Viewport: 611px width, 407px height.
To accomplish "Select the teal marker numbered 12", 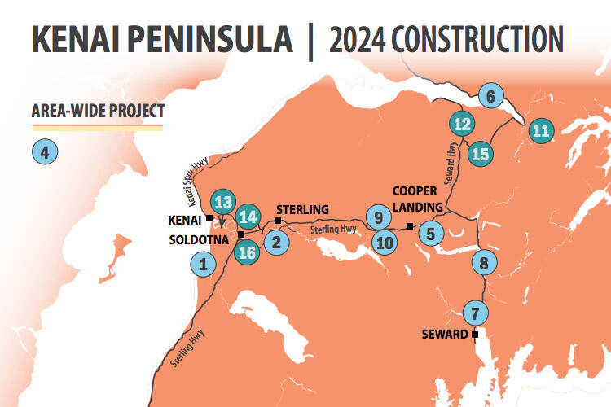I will (462, 125).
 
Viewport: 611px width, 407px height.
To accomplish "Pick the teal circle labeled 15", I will (481, 153).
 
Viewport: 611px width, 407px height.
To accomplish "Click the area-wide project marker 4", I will (44, 151).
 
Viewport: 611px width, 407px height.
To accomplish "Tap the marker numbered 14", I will (249, 217).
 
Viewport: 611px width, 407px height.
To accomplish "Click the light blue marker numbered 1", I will (203, 263).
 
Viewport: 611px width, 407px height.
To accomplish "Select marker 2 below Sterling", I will (277, 241).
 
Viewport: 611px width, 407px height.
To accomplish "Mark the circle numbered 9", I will (376, 217).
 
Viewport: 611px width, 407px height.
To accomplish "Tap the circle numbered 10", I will (385, 242).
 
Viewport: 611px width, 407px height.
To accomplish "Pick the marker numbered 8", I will (484, 263).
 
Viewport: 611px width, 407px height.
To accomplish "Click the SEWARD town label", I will (445, 335).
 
